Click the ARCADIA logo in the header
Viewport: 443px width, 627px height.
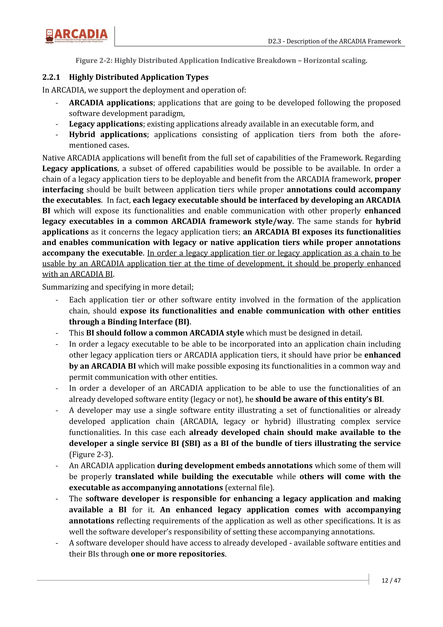[76, 36]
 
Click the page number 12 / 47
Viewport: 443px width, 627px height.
[391, 580]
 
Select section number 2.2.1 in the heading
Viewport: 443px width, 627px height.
[51, 77]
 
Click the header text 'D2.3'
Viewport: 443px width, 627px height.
[274, 41]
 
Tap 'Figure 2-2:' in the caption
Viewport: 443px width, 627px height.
[94, 61]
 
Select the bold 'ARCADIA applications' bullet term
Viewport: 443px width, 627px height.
[111, 103]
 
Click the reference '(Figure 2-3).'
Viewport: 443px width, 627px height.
[91, 454]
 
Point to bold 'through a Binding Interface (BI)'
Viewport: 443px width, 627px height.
[129, 322]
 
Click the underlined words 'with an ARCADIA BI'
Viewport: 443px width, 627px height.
[77, 274]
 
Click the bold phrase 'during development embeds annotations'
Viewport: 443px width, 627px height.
[235, 465]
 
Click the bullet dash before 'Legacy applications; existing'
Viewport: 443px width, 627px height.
[57, 124]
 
